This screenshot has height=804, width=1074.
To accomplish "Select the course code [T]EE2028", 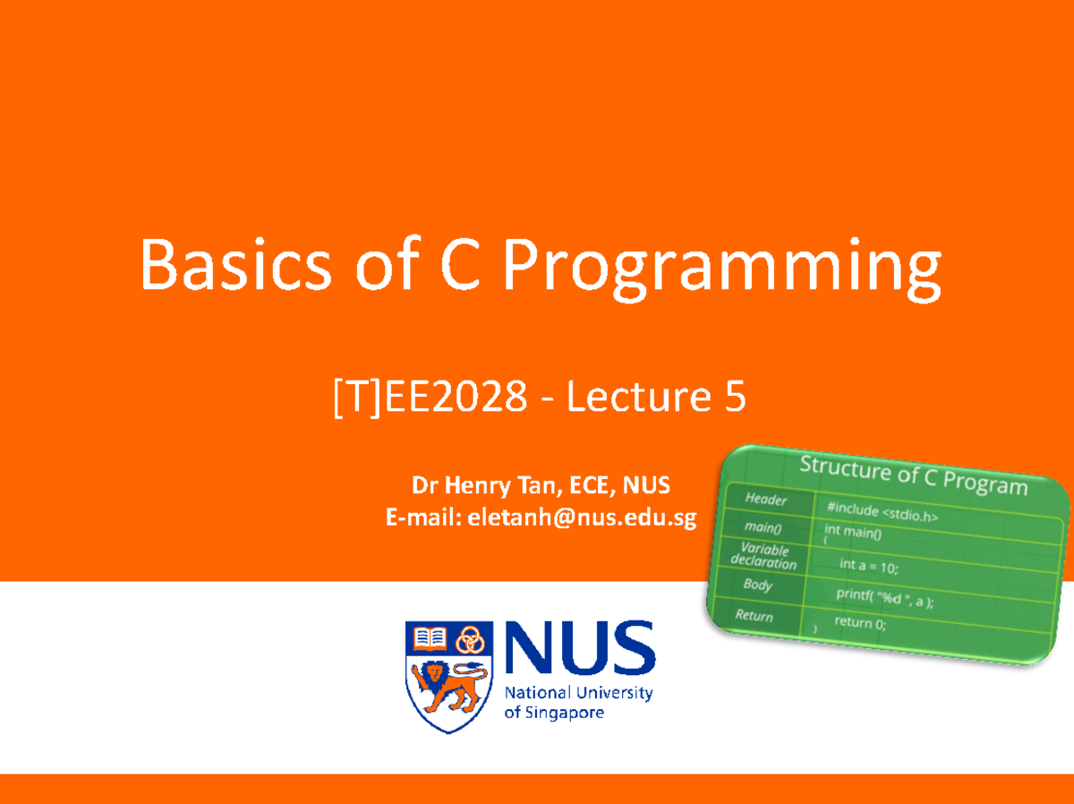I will [430, 398].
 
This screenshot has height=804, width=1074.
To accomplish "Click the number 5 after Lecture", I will [732, 398].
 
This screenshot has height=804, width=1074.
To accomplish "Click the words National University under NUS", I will [579, 693].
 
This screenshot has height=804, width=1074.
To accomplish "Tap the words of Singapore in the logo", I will [554, 714].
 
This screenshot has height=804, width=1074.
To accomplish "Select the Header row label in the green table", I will [765, 499].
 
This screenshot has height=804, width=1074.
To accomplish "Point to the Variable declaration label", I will [763, 556].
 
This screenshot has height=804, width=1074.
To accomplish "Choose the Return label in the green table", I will [754, 615].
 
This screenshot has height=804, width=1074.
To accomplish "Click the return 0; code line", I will [860, 622].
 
